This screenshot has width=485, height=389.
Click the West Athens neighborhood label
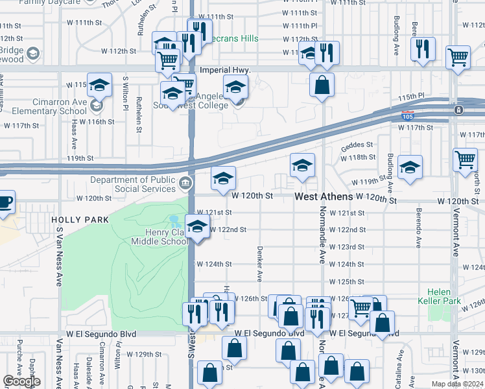(324, 196)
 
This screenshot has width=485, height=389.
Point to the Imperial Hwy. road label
(224, 69)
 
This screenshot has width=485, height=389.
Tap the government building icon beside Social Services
(186, 183)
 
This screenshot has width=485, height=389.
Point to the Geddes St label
(357, 145)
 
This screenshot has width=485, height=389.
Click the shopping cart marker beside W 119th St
(465, 159)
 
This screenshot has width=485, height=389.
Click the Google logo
(21, 382)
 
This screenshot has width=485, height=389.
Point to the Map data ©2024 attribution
(457, 384)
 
